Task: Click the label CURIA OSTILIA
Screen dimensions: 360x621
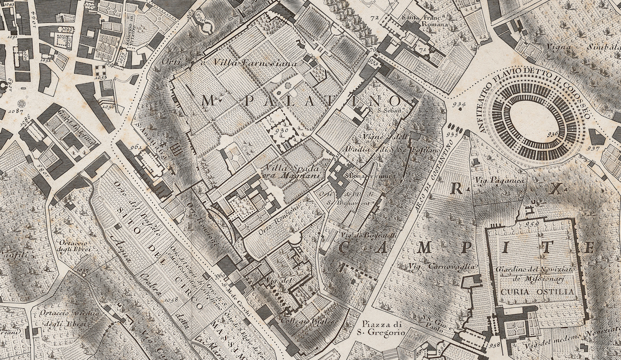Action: coord(538,292)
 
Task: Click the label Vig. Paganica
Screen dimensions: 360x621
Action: coord(495,178)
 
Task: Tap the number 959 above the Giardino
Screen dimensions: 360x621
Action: coord(531,224)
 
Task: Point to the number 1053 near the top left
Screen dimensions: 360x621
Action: coord(101,77)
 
